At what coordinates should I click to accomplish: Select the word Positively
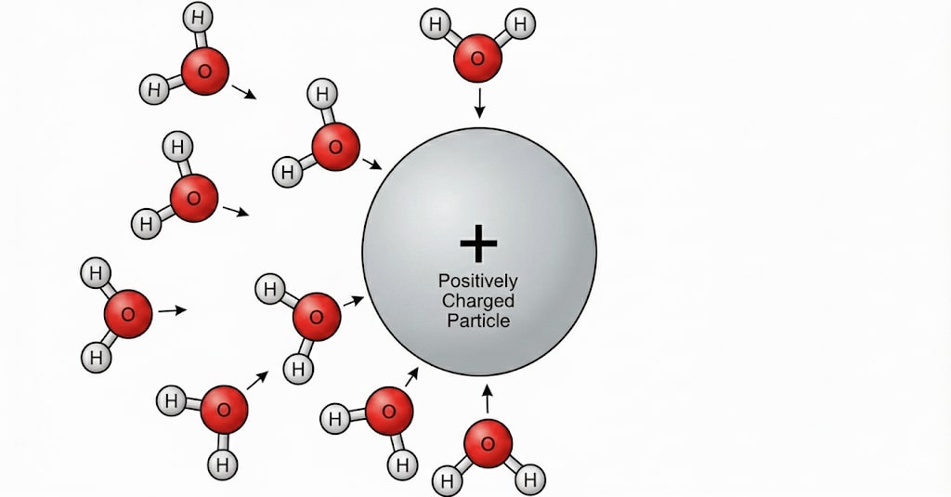tap(479, 281)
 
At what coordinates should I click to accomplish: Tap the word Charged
tap(479, 301)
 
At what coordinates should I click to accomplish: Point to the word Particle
tap(479, 320)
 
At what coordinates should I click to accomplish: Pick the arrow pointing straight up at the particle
tap(486, 399)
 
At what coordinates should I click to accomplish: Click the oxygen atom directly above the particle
tap(477, 58)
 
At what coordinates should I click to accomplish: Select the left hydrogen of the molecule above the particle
tap(434, 23)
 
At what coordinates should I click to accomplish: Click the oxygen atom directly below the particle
tap(488, 443)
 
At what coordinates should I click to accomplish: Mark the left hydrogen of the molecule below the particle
tap(447, 481)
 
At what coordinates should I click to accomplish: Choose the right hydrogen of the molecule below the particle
tap(530, 480)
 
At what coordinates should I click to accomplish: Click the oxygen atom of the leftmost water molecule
tap(128, 313)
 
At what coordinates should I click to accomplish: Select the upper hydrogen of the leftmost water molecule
tap(94, 273)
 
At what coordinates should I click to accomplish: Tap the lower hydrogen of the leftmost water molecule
tap(94, 356)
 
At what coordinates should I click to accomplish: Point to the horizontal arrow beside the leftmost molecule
tap(172, 310)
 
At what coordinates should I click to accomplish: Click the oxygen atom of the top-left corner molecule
tap(203, 71)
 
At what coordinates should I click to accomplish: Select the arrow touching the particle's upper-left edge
tap(371, 163)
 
